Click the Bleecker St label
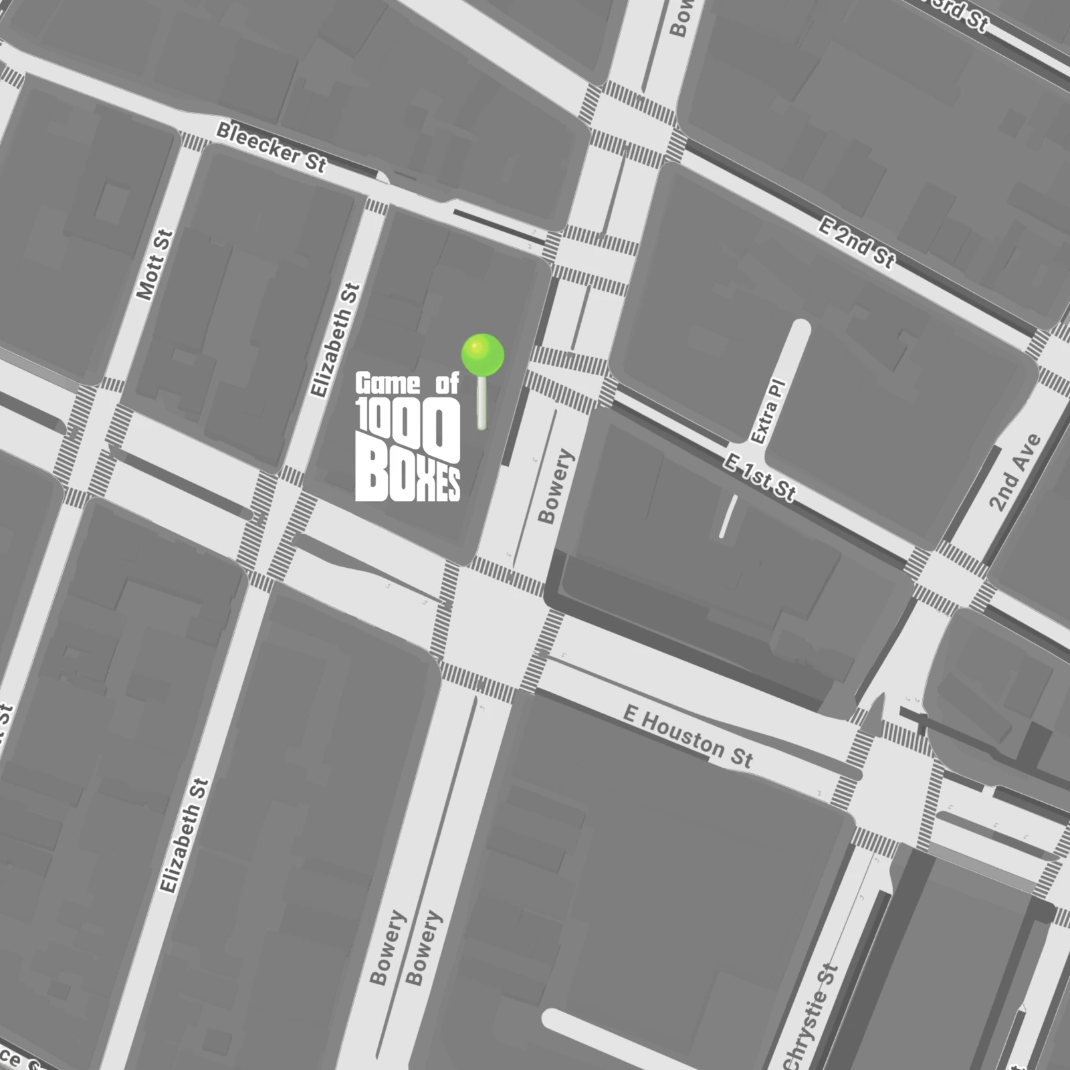(x=271, y=148)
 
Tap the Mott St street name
(x=155, y=265)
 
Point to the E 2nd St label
(x=856, y=243)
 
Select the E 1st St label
(x=760, y=477)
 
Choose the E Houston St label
(x=687, y=736)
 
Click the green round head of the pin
(x=482, y=354)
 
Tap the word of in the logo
(x=447, y=384)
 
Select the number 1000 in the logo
(x=408, y=425)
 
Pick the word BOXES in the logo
(x=407, y=477)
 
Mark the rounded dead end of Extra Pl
(x=800, y=328)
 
